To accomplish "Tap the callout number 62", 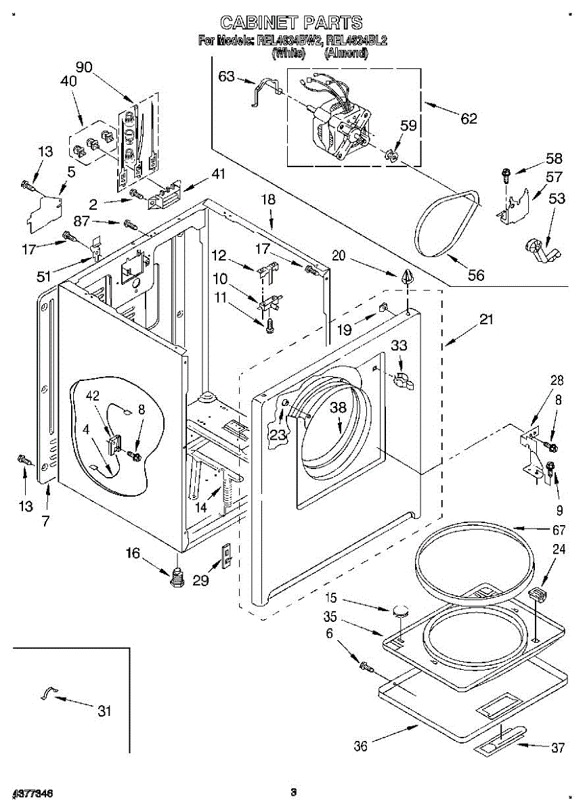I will point(469,118).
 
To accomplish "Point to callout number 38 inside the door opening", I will point(338,407).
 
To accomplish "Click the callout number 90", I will point(84,66).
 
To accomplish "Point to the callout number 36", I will point(362,746).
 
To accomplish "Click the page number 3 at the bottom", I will point(293,792).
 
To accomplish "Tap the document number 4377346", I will point(32,792).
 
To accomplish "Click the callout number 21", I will point(486,321).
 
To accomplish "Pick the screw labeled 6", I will point(366,667).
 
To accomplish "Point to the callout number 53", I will point(557,198).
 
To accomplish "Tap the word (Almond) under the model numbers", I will point(346,53).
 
